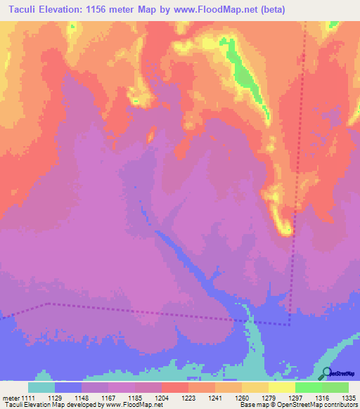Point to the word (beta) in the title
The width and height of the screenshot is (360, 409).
click(288, 9)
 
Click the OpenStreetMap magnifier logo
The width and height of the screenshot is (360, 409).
click(326, 374)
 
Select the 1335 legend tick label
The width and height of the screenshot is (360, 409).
click(347, 398)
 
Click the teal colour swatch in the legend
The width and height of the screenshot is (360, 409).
click(41, 387)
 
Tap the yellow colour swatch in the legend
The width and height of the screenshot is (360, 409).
click(281, 387)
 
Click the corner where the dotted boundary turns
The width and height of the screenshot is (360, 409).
click(289, 324)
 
